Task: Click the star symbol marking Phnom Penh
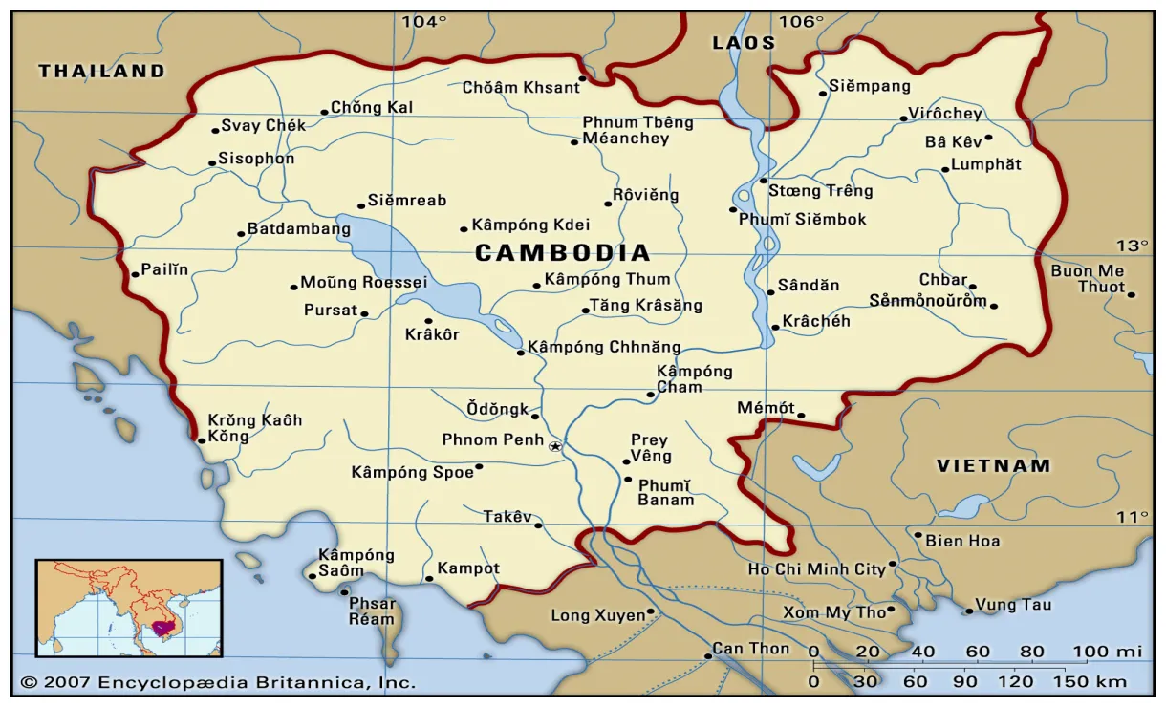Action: click(x=555, y=446)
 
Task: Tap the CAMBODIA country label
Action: click(x=563, y=253)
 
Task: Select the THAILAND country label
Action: click(x=101, y=71)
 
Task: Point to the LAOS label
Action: click(x=744, y=43)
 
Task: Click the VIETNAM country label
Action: click(x=993, y=466)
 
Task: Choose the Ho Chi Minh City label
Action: click(x=816, y=569)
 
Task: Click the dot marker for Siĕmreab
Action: click(x=360, y=204)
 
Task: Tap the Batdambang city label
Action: click(x=299, y=229)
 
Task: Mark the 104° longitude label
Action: click(x=423, y=22)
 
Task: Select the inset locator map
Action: click(x=129, y=608)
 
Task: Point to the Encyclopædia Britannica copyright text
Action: click(x=218, y=682)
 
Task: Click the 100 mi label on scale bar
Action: click(x=1107, y=652)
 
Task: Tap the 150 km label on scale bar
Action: click(x=1097, y=682)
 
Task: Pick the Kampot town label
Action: click(x=468, y=568)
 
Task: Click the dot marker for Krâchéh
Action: click(x=774, y=329)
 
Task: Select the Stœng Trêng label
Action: click(x=820, y=190)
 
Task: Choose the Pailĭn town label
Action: click(x=164, y=270)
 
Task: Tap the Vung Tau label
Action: click(x=1013, y=605)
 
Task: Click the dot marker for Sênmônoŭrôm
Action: click(x=994, y=307)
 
